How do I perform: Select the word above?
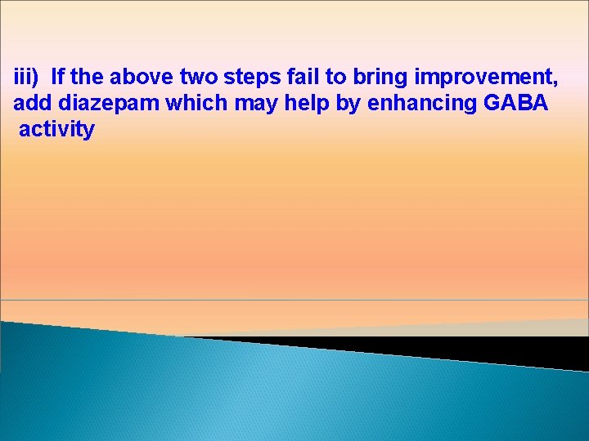tap(142, 78)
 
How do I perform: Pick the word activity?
tap(56, 130)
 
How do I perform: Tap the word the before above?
tap(91, 78)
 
